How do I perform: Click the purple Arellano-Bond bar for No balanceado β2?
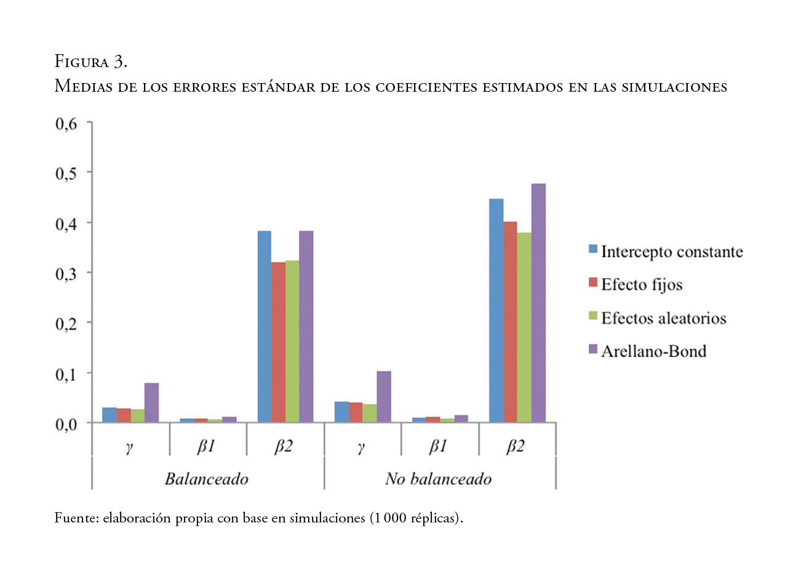[x=538, y=303]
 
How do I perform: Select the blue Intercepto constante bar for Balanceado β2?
[x=264, y=327]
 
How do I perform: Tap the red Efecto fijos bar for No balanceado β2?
[x=510, y=322]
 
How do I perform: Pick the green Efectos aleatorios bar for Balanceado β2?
[x=292, y=342]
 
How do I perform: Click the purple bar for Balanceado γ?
[x=151, y=403]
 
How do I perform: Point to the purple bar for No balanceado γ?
[x=384, y=397]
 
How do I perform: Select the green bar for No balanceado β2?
[x=524, y=327]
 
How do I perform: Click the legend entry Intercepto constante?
[x=672, y=252]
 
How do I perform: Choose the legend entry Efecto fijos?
[x=642, y=285]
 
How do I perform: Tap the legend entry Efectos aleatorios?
[x=663, y=318]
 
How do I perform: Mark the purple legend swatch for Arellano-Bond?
[x=593, y=350]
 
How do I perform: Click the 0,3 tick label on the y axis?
[x=67, y=273]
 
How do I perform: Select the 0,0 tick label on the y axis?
[x=67, y=423]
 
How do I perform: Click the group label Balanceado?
[x=207, y=479]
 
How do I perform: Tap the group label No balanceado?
[x=439, y=479]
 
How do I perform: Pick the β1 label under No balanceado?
[x=438, y=446]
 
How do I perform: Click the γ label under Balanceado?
[x=129, y=447]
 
